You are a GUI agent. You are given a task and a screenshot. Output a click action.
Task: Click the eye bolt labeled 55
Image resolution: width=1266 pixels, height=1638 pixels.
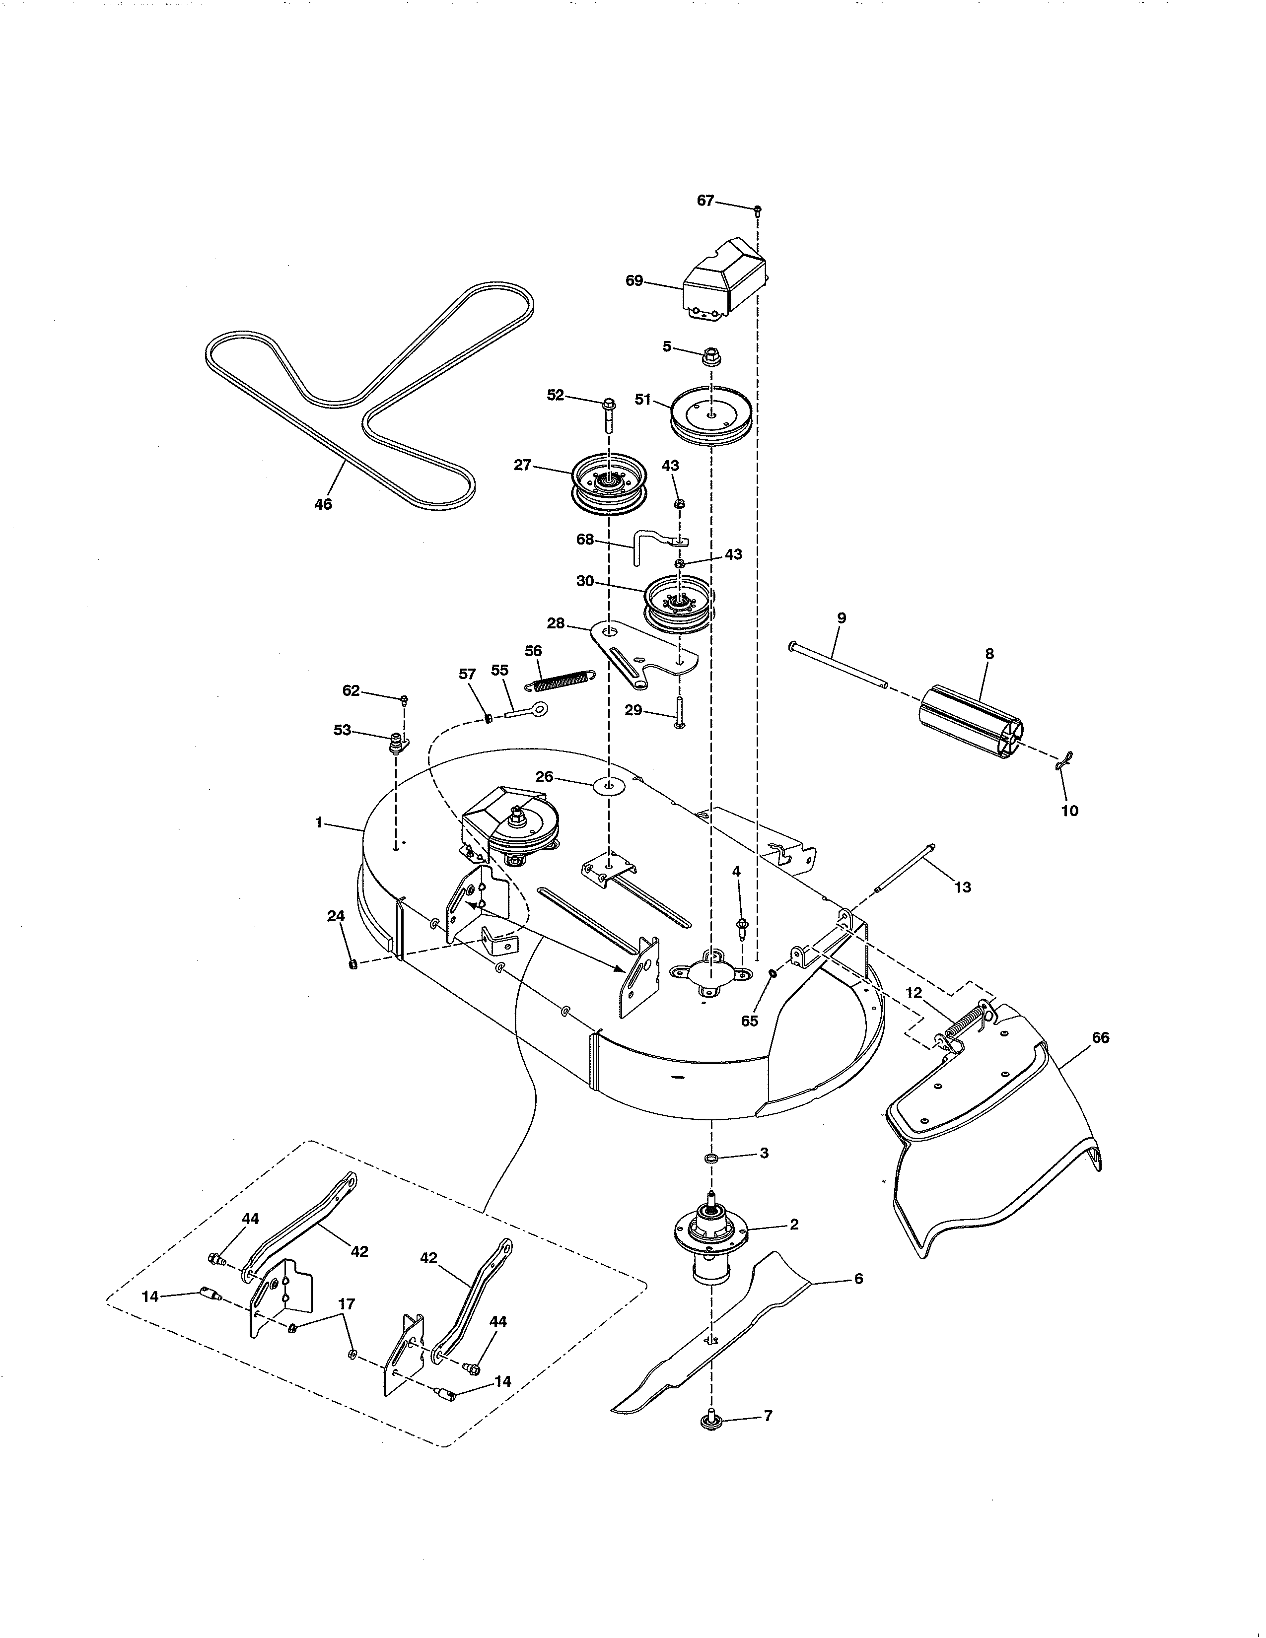point(529,709)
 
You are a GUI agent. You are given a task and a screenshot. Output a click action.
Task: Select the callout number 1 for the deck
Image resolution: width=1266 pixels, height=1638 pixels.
point(319,823)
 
